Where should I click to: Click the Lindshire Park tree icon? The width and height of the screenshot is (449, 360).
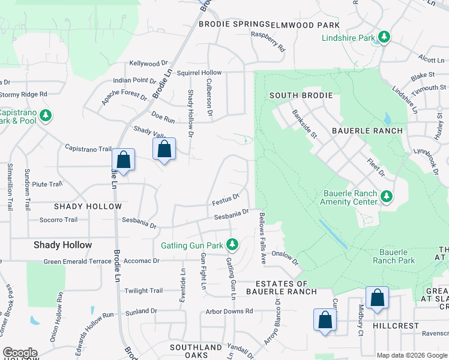click(x=384, y=38)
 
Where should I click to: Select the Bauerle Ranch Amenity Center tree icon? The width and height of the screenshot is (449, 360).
click(x=387, y=196)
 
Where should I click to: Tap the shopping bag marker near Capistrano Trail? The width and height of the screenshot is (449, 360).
click(x=123, y=160)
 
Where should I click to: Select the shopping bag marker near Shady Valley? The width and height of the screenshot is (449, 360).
click(x=164, y=149)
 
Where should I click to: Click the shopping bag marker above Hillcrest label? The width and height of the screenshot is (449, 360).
click(x=377, y=298)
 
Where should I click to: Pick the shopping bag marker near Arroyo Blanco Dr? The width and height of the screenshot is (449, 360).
click(x=325, y=319)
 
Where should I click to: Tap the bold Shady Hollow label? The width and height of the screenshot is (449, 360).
click(x=63, y=245)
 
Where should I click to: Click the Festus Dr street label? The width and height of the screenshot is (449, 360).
click(x=226, y=197)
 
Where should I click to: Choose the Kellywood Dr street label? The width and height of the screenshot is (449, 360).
click(x=148, y=63)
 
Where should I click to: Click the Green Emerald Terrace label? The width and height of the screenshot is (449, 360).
click(x=78, y=262)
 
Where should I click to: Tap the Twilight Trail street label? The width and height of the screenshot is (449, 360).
click(x=143, y=291)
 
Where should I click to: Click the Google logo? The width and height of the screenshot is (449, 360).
click(x=19, y=353)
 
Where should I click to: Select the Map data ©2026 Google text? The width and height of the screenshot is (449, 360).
click(x=412, y=355)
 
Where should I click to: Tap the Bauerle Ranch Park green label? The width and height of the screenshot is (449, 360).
click(x=394, y=256)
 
